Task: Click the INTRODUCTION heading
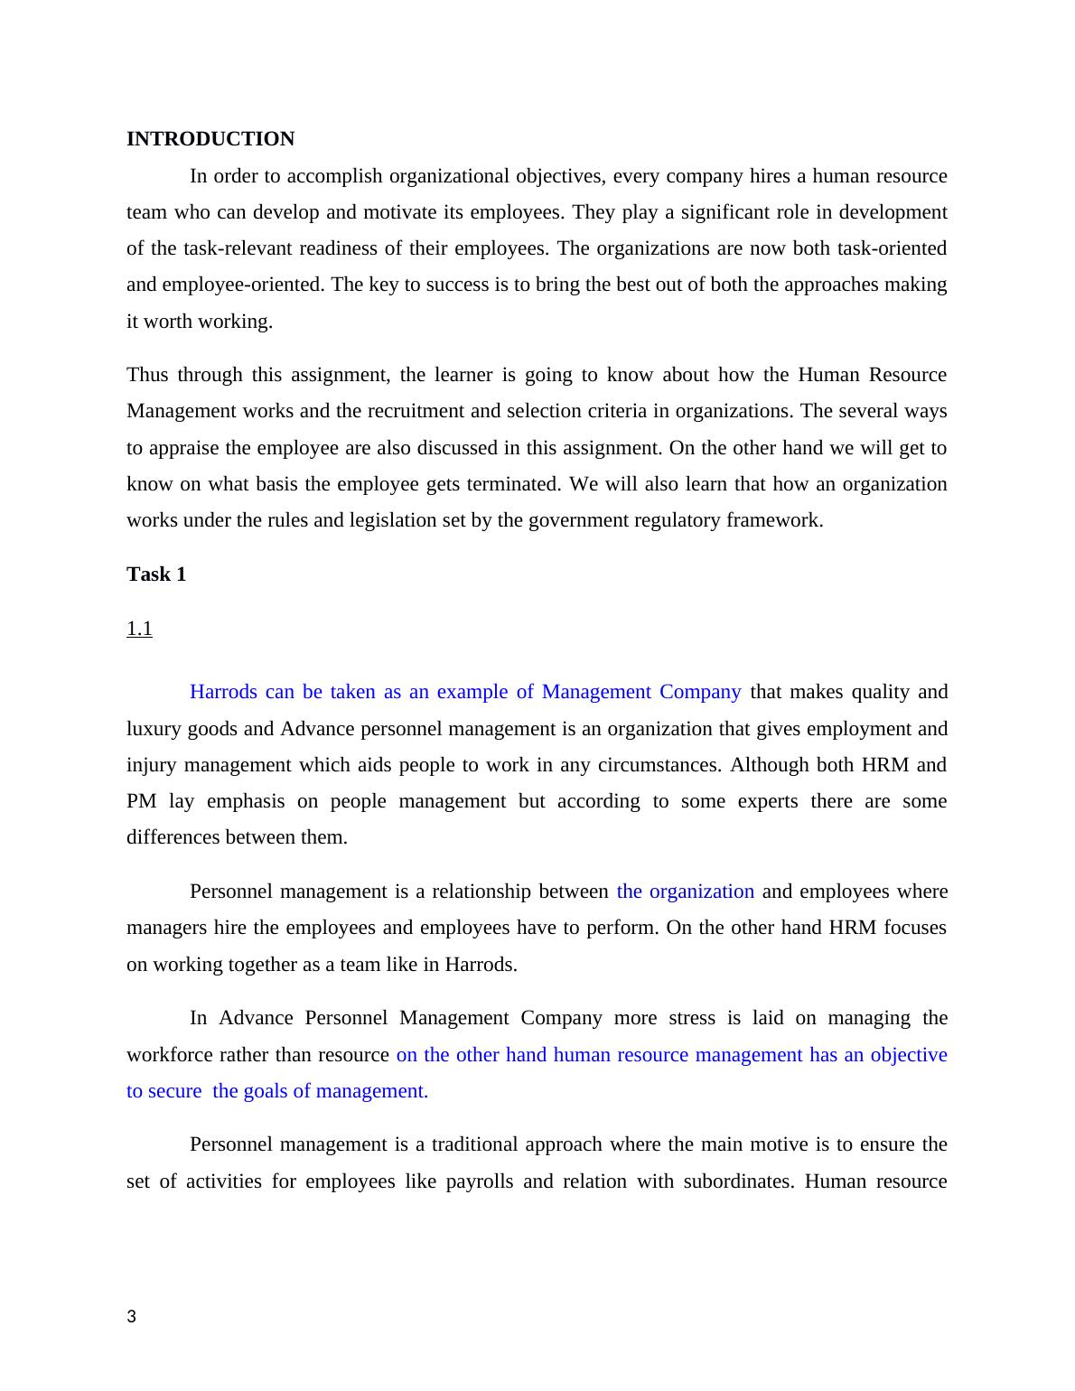coord(210,139)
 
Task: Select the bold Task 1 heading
coord(156,574)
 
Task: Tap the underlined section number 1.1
coord(139,629)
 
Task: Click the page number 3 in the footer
coord(132,1317)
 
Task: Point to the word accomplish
coord(313,176)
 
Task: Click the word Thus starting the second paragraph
coord(147,375)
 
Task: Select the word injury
coord(152,765)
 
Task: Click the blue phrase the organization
coord(685,892)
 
